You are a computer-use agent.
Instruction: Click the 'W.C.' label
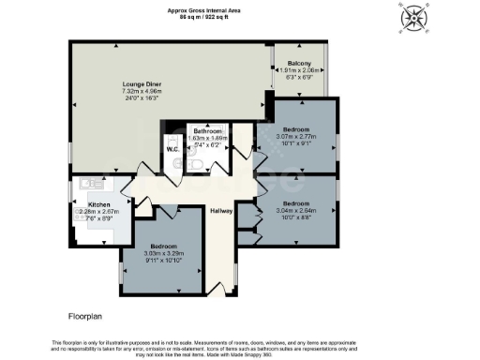tap(172, 149)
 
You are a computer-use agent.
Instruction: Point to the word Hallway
tap(221, 210)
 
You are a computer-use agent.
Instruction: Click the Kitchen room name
tap(99, 204)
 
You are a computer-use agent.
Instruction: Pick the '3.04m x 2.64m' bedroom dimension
tap(296, 211)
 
